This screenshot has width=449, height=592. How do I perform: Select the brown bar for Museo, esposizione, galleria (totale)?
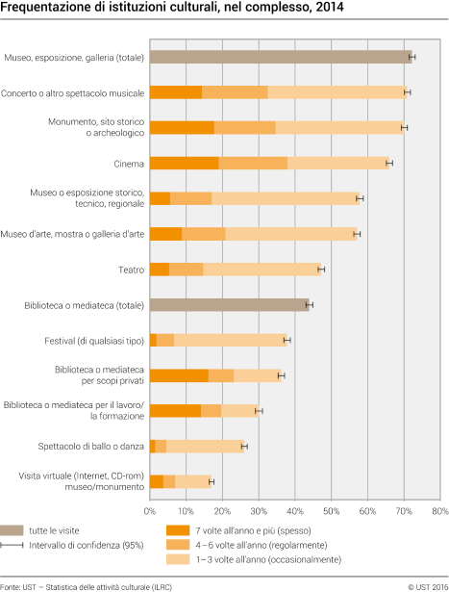[x=279, y=57]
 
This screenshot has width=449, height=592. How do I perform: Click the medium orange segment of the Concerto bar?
[x=235, y=92]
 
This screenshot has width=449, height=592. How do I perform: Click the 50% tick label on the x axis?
[x=331, y=510]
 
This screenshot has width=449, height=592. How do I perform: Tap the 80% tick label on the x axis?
[x=438, y=510]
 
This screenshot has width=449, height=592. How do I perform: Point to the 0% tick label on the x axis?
[x=150, y=510]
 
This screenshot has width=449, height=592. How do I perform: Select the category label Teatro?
[x=131, y=270]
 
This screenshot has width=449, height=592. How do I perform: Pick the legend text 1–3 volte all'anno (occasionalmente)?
[x=267, y=559]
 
